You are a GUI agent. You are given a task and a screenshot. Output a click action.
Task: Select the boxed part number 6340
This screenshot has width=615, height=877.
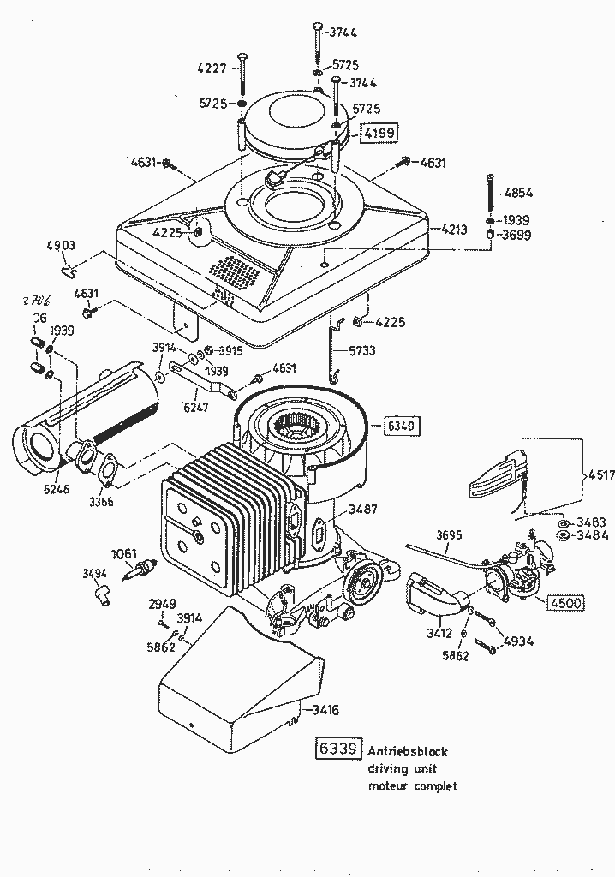point(403,426)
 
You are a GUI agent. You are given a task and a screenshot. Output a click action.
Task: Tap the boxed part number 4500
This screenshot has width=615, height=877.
point(564,602)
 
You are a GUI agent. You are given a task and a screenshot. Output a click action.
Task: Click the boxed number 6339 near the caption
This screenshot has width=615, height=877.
point(337,749)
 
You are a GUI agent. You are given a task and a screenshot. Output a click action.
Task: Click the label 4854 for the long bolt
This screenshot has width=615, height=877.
point(519,193)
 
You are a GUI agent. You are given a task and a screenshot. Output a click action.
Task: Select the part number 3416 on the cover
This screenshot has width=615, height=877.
point(326,710)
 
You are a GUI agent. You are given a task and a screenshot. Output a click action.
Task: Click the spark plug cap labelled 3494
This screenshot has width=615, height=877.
point(103,594)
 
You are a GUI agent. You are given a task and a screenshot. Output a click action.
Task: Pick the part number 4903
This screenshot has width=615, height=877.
point(60,247)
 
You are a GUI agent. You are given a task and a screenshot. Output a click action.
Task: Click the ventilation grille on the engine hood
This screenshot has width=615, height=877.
point(233,273)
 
